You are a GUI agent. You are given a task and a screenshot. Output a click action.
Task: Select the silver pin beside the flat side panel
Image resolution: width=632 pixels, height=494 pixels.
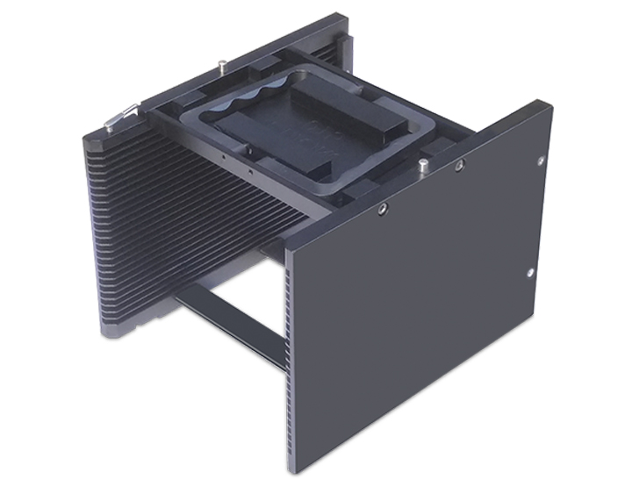[423, 164]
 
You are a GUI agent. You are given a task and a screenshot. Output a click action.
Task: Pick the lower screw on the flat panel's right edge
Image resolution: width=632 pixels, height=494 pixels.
[530, 273]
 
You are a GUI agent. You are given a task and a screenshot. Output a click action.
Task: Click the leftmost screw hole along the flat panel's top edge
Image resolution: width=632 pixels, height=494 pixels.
[383, 209]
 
